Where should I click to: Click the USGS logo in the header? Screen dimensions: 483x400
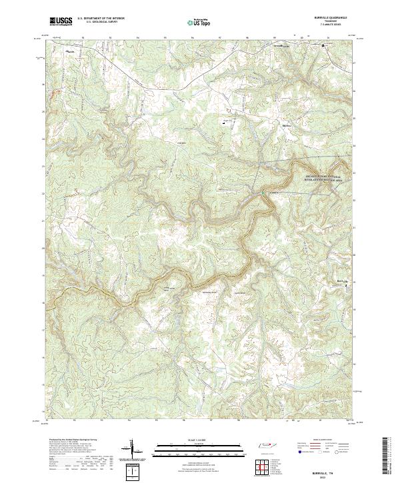pyautogui.click(x=61, y=21)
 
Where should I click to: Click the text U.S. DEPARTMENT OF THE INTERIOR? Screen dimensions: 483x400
pyautogui.click(x=101, y=19)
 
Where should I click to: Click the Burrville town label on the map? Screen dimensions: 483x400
pyautogui.click(x=341, y=282)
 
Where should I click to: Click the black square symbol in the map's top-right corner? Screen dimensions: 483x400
pyautogui.click(x=324, y=45)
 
